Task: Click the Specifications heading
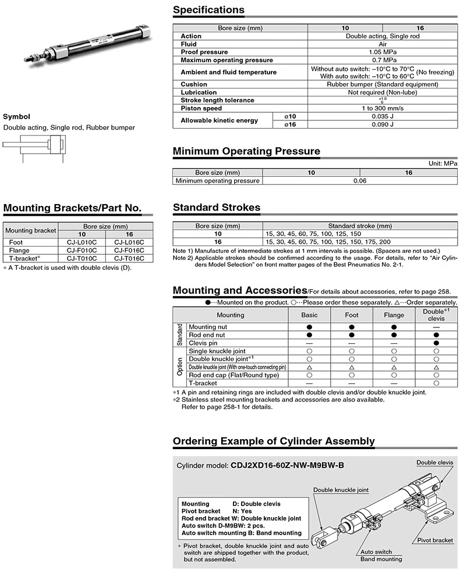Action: point(208,10)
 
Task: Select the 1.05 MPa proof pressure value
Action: point(383,52)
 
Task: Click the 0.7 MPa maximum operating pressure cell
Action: point(383,60)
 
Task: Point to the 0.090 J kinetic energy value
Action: point(383,124)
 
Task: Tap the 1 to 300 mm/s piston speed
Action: point(383,108)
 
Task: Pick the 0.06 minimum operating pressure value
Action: point(359,181)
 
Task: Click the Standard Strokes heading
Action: point(217,208)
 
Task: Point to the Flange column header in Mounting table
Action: point(394,315)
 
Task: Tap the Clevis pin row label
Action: point(203,343)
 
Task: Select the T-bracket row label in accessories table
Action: point(203,383)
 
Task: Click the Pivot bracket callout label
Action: point(435,540)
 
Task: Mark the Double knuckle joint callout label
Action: point(341,490)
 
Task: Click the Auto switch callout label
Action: point(376,551)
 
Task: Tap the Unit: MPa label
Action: point(443,164)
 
